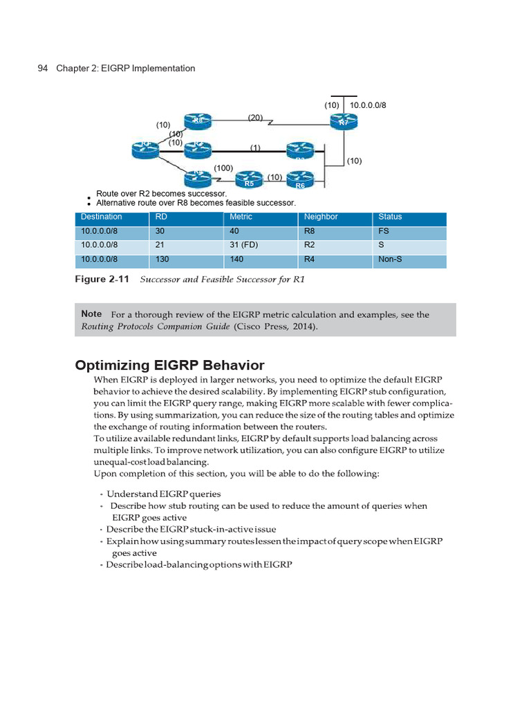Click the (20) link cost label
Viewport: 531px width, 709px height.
click(x=255, y=118)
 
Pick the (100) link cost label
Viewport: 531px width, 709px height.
click(x=223, y=168)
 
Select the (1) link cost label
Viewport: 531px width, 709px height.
click(x=255, y=147)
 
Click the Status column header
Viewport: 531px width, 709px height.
click(x=390, y=217)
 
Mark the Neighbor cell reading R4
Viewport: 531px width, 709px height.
click(x=309, y=260)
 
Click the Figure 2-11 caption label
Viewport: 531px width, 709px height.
click(x=103, y=280)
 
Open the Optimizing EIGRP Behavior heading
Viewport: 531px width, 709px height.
click(x=169, y=365)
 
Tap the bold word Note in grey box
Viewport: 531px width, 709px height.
click(x=91, y=314)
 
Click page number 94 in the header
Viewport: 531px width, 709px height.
click(x=41, y=69)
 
